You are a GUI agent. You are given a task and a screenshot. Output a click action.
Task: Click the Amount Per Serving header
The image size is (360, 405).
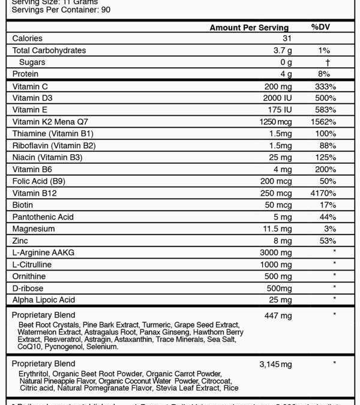[249, 28]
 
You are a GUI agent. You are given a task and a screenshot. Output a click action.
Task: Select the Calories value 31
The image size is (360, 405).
[286, 38]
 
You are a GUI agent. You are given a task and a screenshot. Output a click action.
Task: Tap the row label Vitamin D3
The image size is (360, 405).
[32, 98]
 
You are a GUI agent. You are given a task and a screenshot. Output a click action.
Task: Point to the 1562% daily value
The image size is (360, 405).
[324, 122]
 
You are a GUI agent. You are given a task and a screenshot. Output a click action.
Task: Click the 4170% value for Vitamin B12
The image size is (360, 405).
[324, 193]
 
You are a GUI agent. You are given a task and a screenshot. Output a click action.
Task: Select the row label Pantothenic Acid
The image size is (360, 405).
[43, 217]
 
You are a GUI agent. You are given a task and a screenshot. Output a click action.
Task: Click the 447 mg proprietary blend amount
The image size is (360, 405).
[278, 316]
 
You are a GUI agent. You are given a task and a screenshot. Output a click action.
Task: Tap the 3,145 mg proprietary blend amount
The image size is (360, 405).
[275, 364]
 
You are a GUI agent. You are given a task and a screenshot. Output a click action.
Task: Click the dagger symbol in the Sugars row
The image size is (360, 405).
[328, 62]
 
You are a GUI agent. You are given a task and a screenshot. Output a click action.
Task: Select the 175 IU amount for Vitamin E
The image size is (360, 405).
[280, 110]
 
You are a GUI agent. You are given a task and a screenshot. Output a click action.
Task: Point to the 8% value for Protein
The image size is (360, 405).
[324, 74]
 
